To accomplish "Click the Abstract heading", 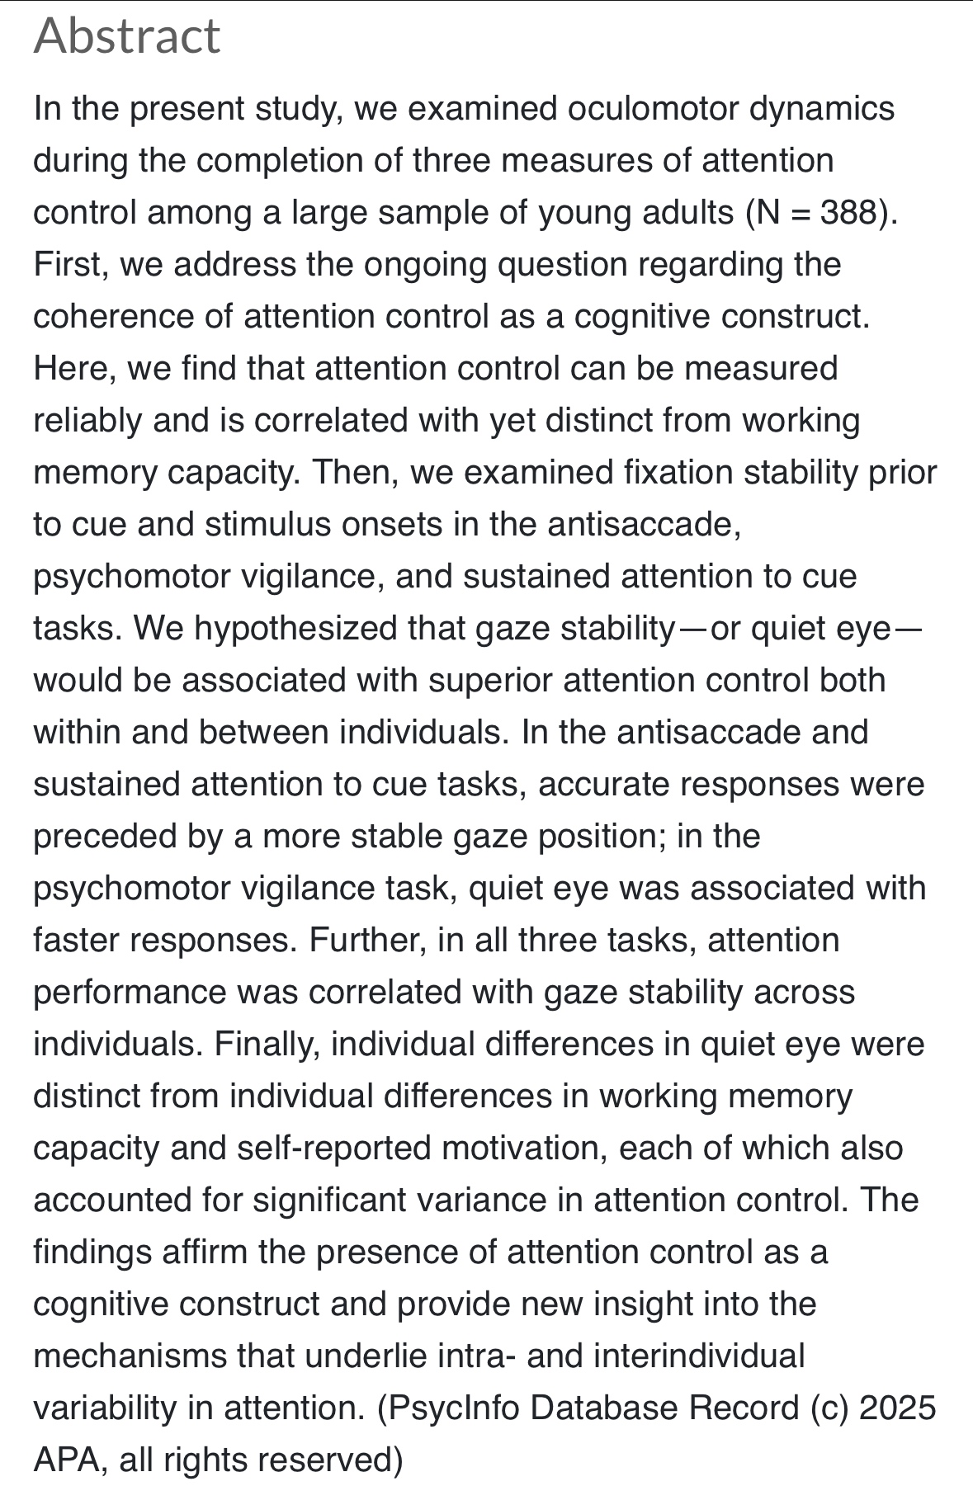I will point(127,36).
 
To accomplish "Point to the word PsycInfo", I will point(450,1408).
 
